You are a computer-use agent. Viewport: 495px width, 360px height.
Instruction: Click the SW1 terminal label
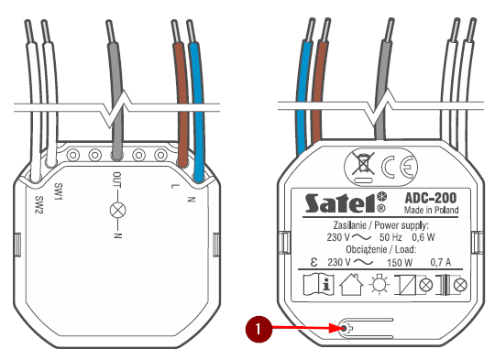(x=59, y=191)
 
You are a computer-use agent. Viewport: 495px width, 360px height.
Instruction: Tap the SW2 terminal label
(x=38, y=204)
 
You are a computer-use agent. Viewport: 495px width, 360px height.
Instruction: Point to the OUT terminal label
(x=116, y=180)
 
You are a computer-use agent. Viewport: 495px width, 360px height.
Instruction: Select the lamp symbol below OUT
(x=117, y=210)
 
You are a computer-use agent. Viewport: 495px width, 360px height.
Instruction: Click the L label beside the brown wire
(x=174, y=186)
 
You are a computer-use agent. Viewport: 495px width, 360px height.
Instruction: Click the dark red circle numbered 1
(x=258, y=329)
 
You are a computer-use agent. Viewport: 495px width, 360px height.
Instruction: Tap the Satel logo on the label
(x=346, y=202)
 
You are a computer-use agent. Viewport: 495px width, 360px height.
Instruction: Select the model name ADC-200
(x=431, y=198)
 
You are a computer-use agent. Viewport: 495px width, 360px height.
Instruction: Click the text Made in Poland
(x=431, y=210)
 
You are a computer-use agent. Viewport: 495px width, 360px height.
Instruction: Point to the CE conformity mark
(x=399, y=167)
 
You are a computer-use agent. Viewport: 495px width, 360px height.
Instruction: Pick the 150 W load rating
(x=400, y=263)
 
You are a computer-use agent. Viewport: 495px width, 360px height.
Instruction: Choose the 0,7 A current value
(x=441, y=262)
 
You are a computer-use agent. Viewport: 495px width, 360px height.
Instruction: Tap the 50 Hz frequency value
(x=390, y=237)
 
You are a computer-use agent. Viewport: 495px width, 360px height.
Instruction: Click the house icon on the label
(x=351, y=285)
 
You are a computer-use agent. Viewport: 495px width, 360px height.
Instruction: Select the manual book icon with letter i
(x=318, y=285)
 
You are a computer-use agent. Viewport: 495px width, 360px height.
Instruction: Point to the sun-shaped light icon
(x=379, y=284)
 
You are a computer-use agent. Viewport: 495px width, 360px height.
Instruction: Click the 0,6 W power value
(x=423, y=237)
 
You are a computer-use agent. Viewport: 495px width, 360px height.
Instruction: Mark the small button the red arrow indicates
(x=346, y=329)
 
